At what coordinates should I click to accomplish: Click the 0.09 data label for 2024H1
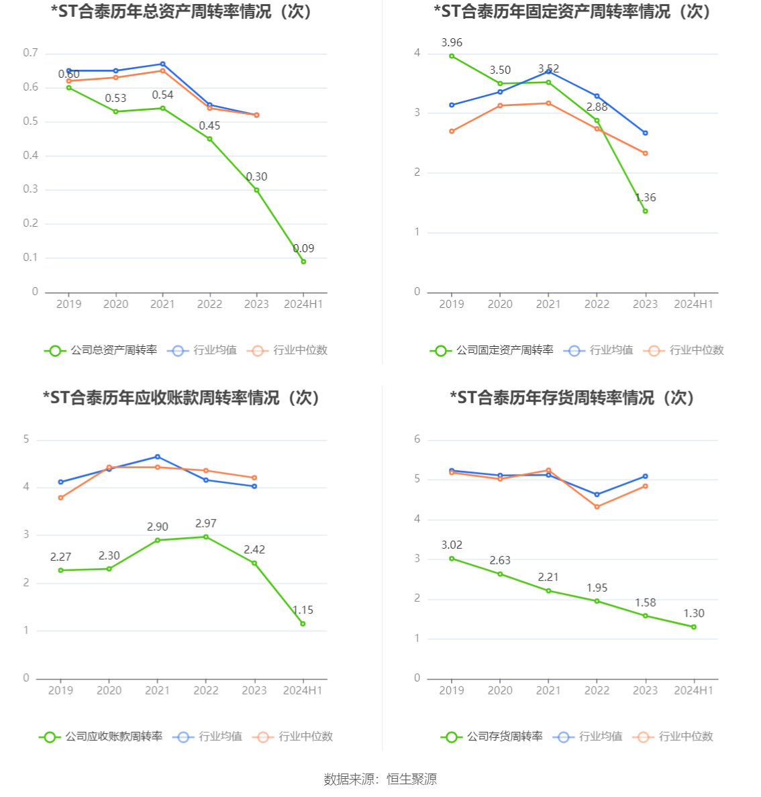coord(303,249)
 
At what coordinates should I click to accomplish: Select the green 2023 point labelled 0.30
coord(256,190)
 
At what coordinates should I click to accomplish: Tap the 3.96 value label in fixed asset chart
coord(452,43)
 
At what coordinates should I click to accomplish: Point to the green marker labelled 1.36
coord(646,211)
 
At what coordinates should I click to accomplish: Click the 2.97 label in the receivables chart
coord(206,523)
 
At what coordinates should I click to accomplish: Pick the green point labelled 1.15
coord(303,624)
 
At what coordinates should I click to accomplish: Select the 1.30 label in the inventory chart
coord(694,613)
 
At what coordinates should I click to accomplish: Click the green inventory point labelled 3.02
coord(452,558)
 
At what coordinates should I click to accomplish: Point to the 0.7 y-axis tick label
coord(31,53)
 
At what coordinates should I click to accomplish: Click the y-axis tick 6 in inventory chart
coord(417,439)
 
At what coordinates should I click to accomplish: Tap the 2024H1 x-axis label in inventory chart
coord(694,690)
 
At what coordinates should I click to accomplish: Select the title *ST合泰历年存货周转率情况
coord(572,398)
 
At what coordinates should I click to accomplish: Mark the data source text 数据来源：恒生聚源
coord(380,779)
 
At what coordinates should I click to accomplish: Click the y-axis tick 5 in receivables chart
coord(27,439)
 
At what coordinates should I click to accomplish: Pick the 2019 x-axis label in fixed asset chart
coord(452,304)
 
